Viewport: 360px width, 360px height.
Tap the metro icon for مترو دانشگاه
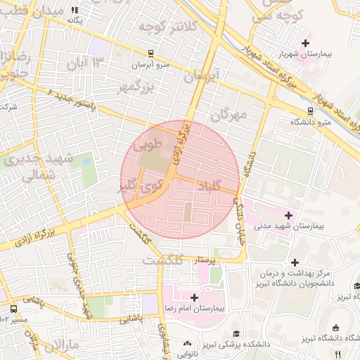point(311,110)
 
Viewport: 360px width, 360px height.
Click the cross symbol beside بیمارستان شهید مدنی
point(288,214)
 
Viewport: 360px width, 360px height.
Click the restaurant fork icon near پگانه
point(75,11)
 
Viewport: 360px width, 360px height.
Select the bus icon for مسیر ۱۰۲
point(14,308)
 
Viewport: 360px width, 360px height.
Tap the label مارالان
point(63,346)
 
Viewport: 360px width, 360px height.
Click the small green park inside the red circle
point(188,212)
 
